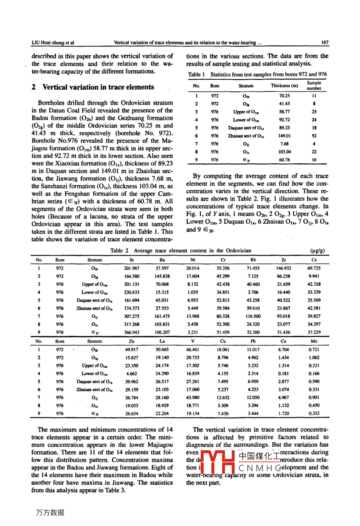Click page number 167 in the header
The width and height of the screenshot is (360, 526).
pos(325,43)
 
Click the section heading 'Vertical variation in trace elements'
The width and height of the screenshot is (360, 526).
pos(98,87)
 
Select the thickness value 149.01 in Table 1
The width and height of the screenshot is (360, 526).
pos(284,136)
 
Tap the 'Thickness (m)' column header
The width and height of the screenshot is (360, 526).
pos(284,86)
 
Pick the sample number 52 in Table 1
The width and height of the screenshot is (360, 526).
pos(314,136)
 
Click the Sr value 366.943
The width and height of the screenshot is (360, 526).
pos(131,332)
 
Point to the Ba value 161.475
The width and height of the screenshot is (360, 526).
pos(162,316)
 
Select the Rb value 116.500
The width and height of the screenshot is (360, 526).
pos(253,316)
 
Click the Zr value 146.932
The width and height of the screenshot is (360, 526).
pos(284,269)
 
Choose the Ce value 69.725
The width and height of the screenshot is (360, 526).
pos(314,269)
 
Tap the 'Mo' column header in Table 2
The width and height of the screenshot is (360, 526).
pos(314,341)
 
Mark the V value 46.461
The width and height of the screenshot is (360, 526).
pos(193,350)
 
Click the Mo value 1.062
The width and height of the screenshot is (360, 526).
pos(314,358)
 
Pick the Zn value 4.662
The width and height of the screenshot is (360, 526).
pos(131,374)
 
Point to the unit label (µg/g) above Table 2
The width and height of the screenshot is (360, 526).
pos(317,251)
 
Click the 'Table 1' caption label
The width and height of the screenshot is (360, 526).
pos(196,75)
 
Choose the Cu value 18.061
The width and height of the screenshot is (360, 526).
pos(223,350)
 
